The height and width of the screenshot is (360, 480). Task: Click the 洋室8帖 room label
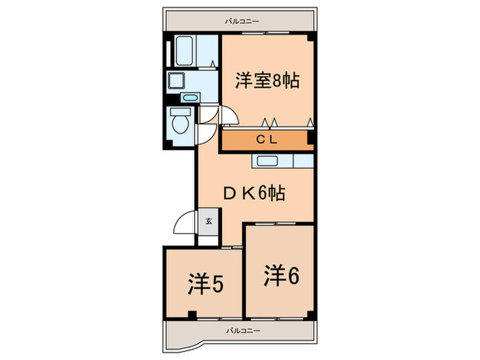point(266,80)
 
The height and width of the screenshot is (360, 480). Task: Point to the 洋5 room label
point(204,283)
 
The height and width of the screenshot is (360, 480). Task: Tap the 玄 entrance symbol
point(208,221)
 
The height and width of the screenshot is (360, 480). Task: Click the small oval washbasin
point(190,98)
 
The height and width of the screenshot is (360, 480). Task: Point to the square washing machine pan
point(178,81)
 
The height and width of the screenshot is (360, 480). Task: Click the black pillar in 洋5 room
point(193,315)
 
